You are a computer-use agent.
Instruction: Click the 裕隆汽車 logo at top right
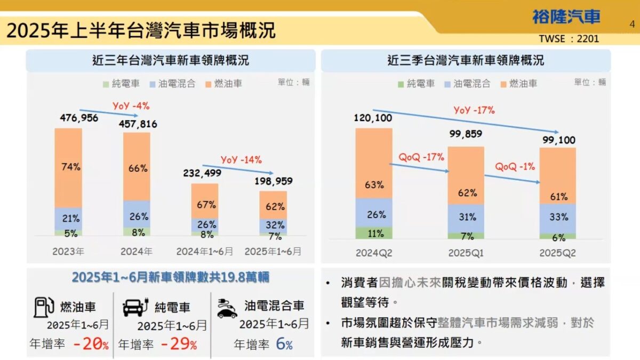coord(565,17)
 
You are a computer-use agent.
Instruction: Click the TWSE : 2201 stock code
coord(569,38)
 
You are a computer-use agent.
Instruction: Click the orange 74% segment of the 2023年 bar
coord(68,167)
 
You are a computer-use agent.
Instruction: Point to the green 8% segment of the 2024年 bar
coord(137,232)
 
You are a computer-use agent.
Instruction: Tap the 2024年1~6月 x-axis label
coord(205,251)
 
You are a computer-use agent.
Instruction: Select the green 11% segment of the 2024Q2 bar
coord(374,233)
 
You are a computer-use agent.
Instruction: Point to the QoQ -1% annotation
coord(515,166)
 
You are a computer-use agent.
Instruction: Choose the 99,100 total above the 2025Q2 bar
coord(558,140)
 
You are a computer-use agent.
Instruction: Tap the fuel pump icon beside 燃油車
coord(44,307)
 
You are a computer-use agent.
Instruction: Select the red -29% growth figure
coord(178,345)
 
